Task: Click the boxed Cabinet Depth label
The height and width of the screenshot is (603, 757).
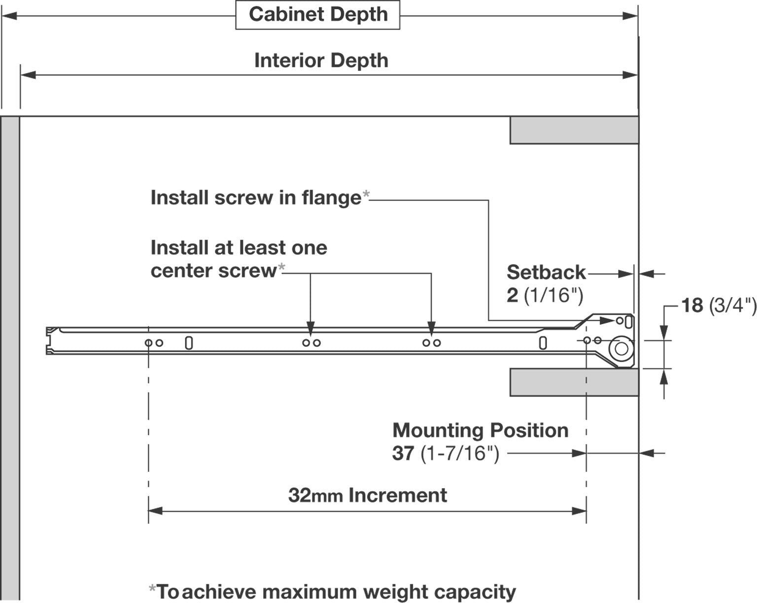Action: [318, 15]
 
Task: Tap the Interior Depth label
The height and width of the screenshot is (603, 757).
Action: [321, 61]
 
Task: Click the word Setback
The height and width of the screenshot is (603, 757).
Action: [546, 272]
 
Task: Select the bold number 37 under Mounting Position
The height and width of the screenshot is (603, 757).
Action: [403, 453]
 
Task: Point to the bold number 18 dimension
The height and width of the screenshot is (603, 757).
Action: [692, 305]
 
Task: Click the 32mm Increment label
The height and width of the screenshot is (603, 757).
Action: [368, 495]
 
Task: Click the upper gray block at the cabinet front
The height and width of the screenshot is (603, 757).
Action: [574, 131]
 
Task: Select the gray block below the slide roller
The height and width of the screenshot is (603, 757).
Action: [574, 382]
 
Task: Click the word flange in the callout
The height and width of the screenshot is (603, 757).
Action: [332, 198]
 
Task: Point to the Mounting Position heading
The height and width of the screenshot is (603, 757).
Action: [481, 431]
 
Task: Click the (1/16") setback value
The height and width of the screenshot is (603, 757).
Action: [553, 296]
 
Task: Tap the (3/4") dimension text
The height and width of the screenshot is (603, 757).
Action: [732, 305]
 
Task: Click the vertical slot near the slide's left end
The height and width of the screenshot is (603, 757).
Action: [189, 343]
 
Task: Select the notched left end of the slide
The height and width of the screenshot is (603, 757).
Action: [51, 340]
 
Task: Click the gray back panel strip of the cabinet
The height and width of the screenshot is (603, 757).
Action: [10, 355]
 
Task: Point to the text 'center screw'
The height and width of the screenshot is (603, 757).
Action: [213, 270]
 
